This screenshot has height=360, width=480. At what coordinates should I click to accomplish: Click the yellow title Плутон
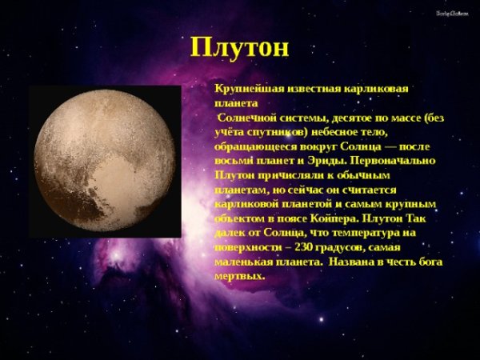[x=240, y=46]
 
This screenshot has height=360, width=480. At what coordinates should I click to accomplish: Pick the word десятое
[x=346, y=117]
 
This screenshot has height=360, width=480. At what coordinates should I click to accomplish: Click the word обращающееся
[x=255, y=146]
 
